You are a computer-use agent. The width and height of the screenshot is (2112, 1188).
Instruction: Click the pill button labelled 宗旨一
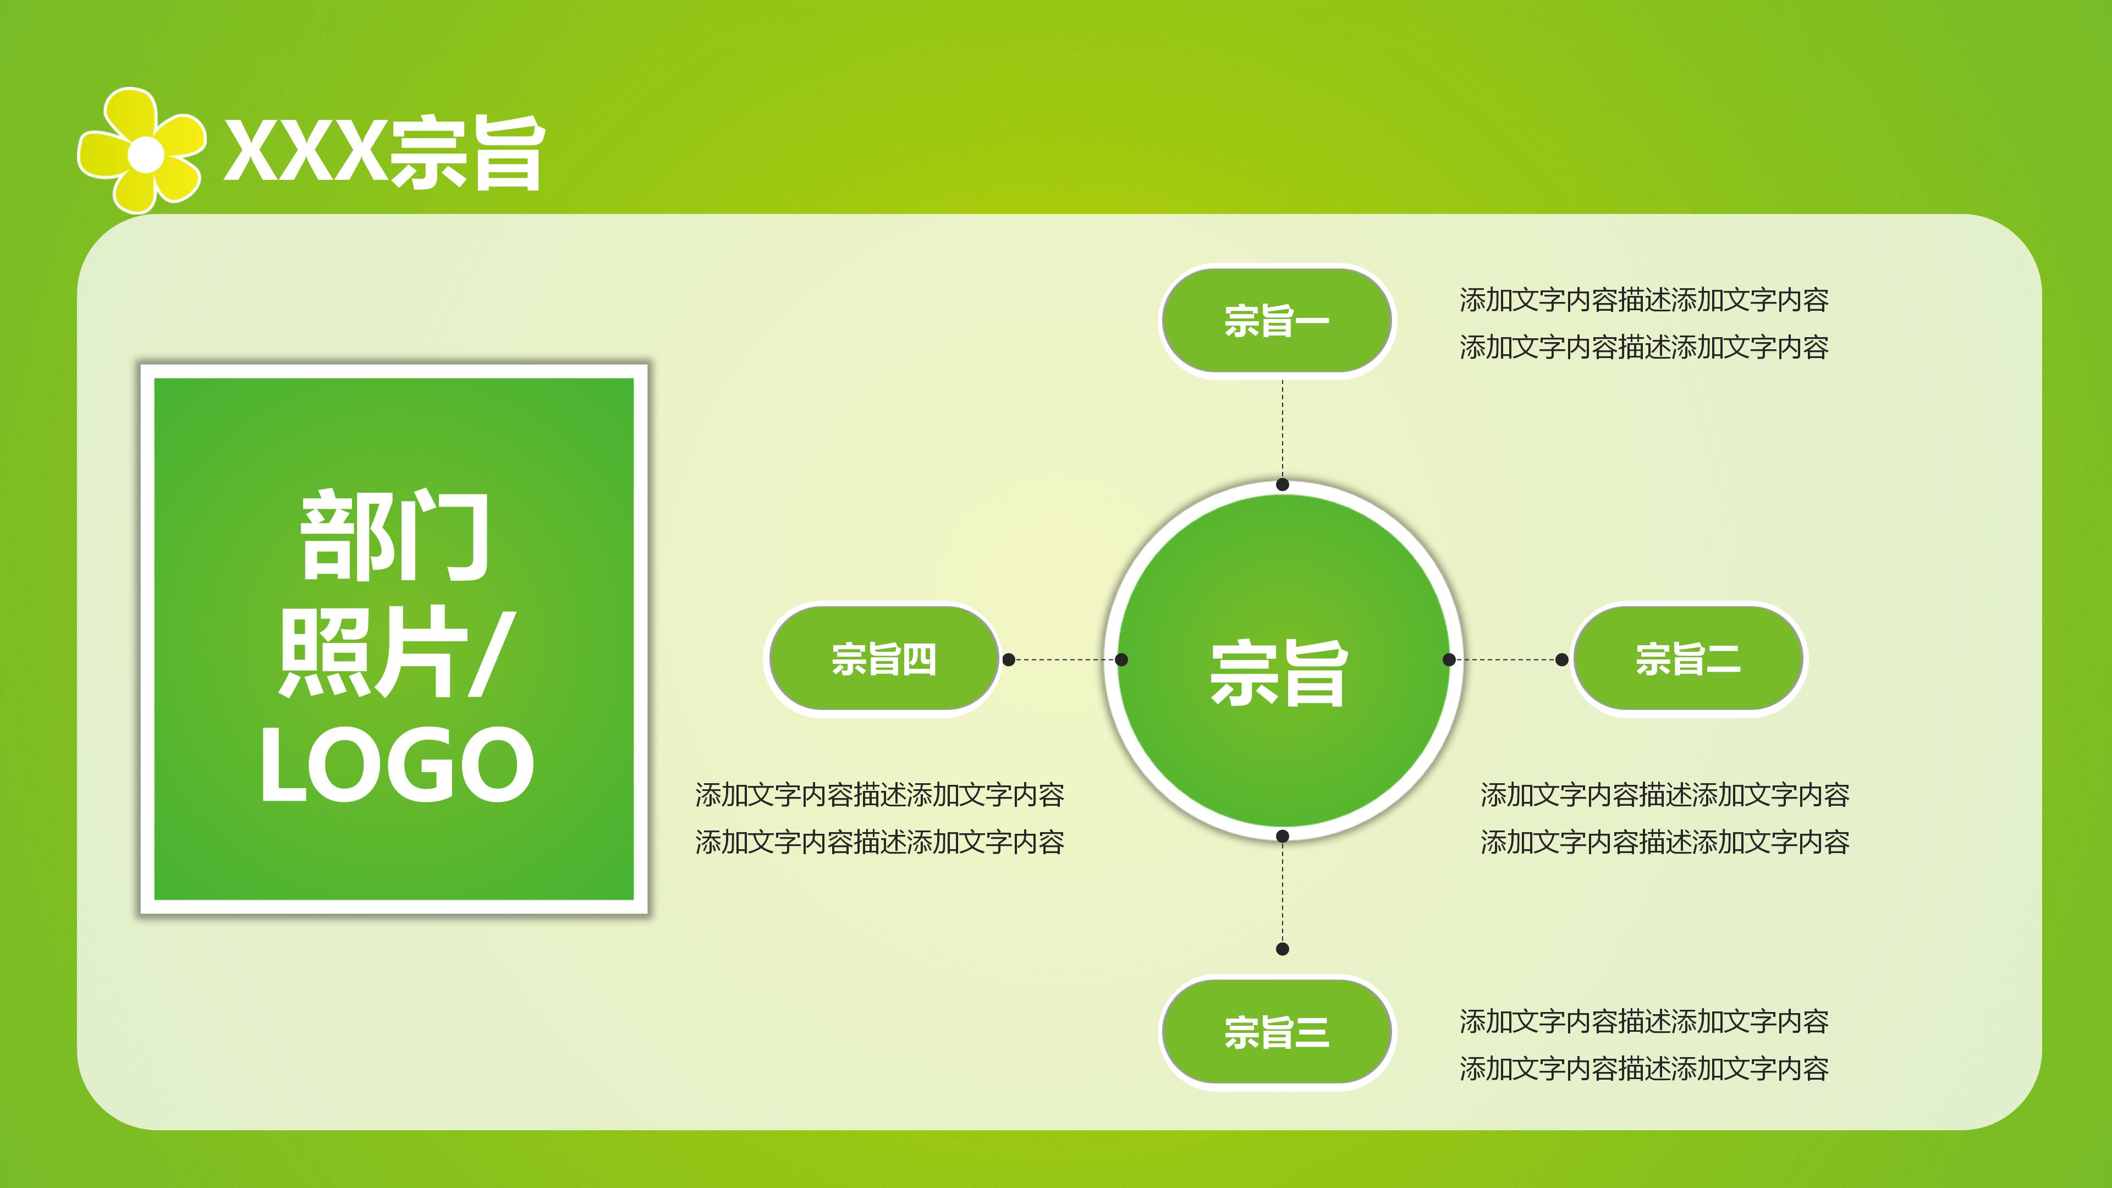pos(1277,321)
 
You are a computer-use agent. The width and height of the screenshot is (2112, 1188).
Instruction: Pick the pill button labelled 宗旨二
pos(1687,659)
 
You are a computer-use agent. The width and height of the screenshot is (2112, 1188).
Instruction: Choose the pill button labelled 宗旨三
pos(1277,1032)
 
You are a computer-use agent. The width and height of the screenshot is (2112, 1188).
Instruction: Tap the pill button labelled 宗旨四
pos(883,659)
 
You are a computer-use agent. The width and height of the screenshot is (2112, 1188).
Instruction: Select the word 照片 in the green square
pos(373,652)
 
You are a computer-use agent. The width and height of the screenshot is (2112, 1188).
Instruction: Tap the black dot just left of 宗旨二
pos(1562,659)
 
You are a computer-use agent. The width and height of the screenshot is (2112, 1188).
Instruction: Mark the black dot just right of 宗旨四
pos(1009,659)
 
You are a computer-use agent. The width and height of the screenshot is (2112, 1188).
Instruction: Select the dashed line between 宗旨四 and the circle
pos(1065,659)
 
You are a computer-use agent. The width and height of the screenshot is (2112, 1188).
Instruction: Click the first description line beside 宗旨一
pos(1644,300)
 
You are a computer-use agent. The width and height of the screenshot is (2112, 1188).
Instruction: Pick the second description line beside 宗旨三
pos(1644,1068)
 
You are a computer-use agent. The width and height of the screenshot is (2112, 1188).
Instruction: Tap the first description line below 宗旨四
pos(880,794)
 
